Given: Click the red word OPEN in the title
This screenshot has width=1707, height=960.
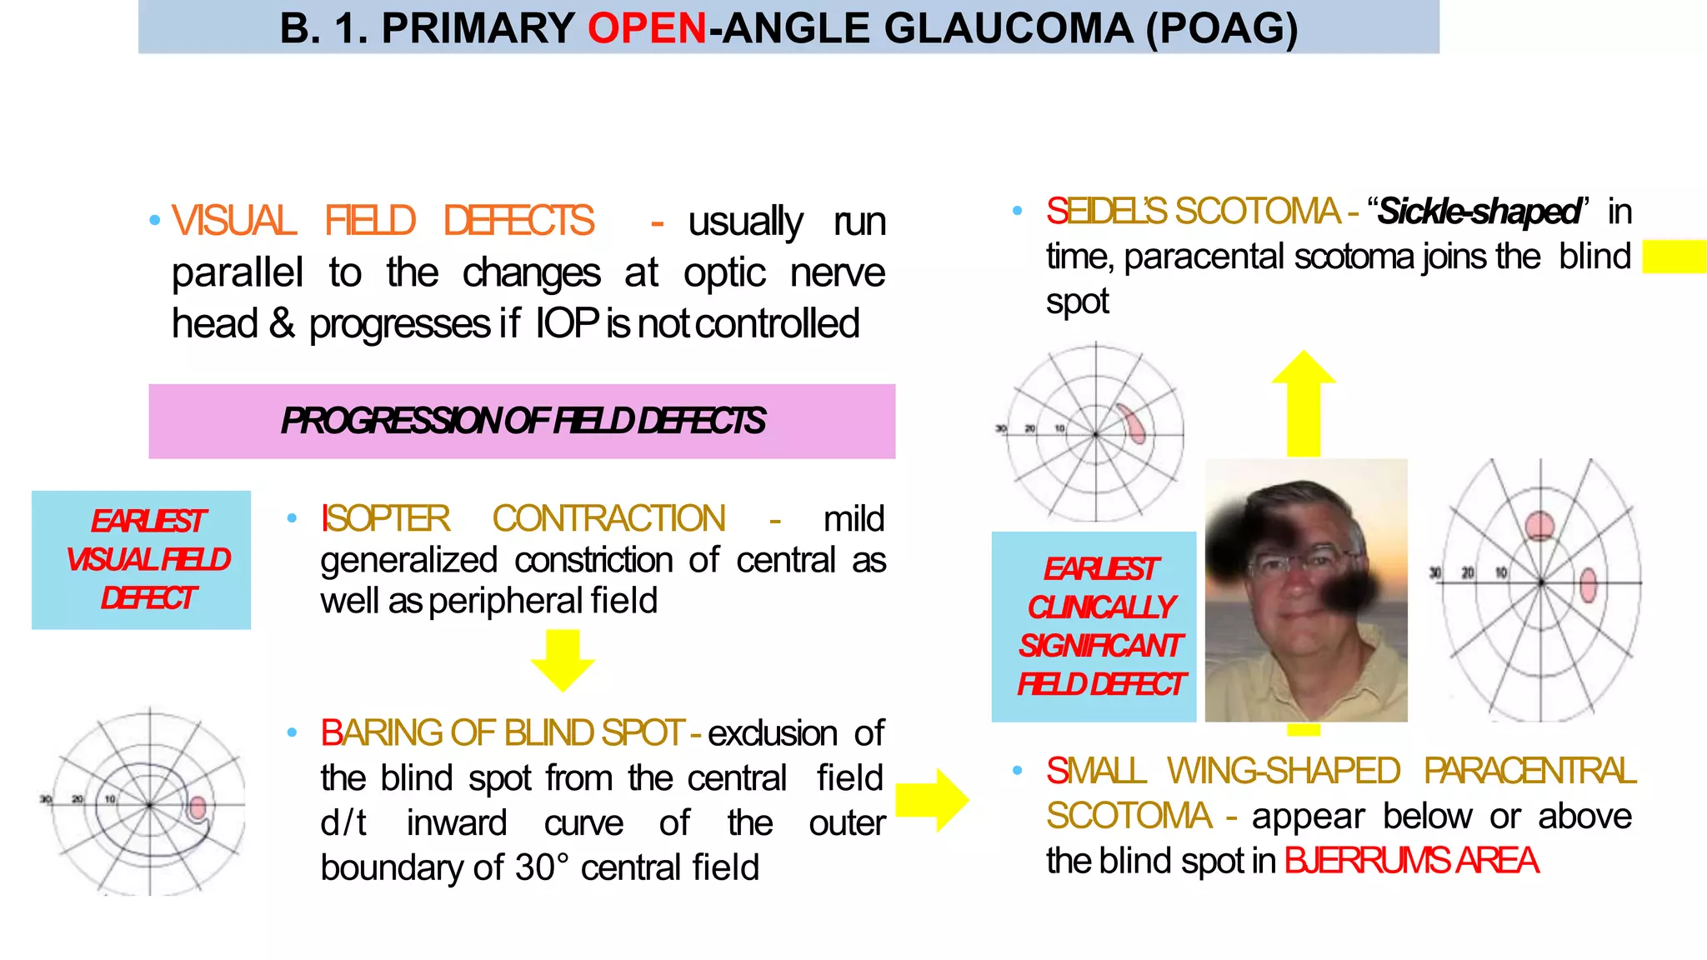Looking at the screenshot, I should coord(647,28).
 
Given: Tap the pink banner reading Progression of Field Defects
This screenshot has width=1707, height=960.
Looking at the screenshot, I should coord(522,421).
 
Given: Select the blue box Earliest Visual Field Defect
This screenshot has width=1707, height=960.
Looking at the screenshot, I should coord(142,559).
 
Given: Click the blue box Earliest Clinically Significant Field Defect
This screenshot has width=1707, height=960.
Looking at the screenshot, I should coord(1094,627).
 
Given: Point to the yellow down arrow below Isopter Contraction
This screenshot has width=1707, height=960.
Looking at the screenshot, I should coord(563,661).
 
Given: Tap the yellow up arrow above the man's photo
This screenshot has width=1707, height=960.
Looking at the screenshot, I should coord(1304,403).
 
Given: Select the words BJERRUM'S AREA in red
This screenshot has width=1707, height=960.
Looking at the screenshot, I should coord(1410,861).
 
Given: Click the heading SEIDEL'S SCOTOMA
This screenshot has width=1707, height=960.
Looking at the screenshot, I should coord(1192,212).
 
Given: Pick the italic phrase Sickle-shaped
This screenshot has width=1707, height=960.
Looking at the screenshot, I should coord(1479,212).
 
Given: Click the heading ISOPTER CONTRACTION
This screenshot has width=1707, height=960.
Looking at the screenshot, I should coord(523,519).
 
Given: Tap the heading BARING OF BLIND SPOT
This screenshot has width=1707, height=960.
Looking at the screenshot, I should coord(502,733).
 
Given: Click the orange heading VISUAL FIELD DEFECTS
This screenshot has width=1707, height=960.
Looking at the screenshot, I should coord(383,222).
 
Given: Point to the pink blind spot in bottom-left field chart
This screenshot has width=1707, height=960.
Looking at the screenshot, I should coord(198,807).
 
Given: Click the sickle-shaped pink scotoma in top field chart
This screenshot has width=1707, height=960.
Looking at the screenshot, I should coord(1132,424).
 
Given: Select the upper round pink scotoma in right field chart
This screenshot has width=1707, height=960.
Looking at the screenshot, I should coord(1539,526).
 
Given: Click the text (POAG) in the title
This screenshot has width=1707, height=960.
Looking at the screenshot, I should coord(1222,28).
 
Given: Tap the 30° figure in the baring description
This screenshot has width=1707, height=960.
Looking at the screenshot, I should coord(542,868).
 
